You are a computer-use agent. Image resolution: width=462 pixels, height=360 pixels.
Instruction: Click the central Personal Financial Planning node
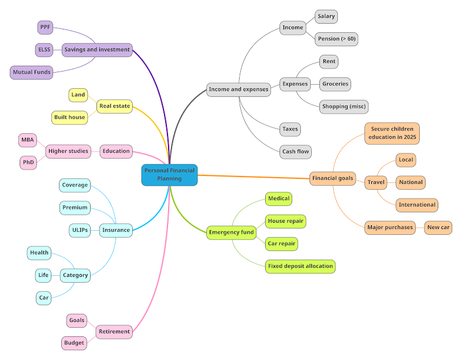tap(170, 175)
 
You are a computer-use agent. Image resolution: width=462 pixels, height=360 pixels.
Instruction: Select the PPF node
tap(44, 27)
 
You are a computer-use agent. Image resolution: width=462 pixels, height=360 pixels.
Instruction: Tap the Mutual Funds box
tap(31, 72)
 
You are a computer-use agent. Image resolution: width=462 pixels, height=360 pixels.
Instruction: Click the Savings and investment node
tap(96, 50)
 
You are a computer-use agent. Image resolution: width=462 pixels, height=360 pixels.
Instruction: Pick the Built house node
tap(69, 117)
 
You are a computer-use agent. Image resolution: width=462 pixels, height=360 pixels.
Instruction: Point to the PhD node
tap(28, 163)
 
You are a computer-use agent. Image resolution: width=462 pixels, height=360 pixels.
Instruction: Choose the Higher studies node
tap(68, 151)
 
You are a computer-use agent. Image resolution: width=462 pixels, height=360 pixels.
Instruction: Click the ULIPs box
tap(80, 230)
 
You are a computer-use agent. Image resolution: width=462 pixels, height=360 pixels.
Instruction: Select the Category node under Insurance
tap(75, 275)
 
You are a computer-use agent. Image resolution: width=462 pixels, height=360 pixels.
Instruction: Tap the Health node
tap(39, 253)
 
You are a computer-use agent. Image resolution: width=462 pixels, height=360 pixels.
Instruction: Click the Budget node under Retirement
tap(74, 343)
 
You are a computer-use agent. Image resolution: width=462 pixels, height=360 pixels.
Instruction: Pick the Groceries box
tap(335, 84)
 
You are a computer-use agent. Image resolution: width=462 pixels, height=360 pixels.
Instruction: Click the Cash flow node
tap(296, 152)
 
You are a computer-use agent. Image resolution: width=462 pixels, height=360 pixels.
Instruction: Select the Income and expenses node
tap(239, 89)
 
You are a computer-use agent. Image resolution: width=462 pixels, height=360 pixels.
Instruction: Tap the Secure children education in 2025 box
tap(392, 133)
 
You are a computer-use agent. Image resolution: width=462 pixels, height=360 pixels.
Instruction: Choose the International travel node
tap(417, 205)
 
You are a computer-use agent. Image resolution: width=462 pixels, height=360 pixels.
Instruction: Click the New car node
tap(438, 227)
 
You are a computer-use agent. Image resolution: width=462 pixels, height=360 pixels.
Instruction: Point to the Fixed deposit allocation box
tap(300, 267)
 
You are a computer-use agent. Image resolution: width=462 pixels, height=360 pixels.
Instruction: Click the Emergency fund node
tap(231, 232)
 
